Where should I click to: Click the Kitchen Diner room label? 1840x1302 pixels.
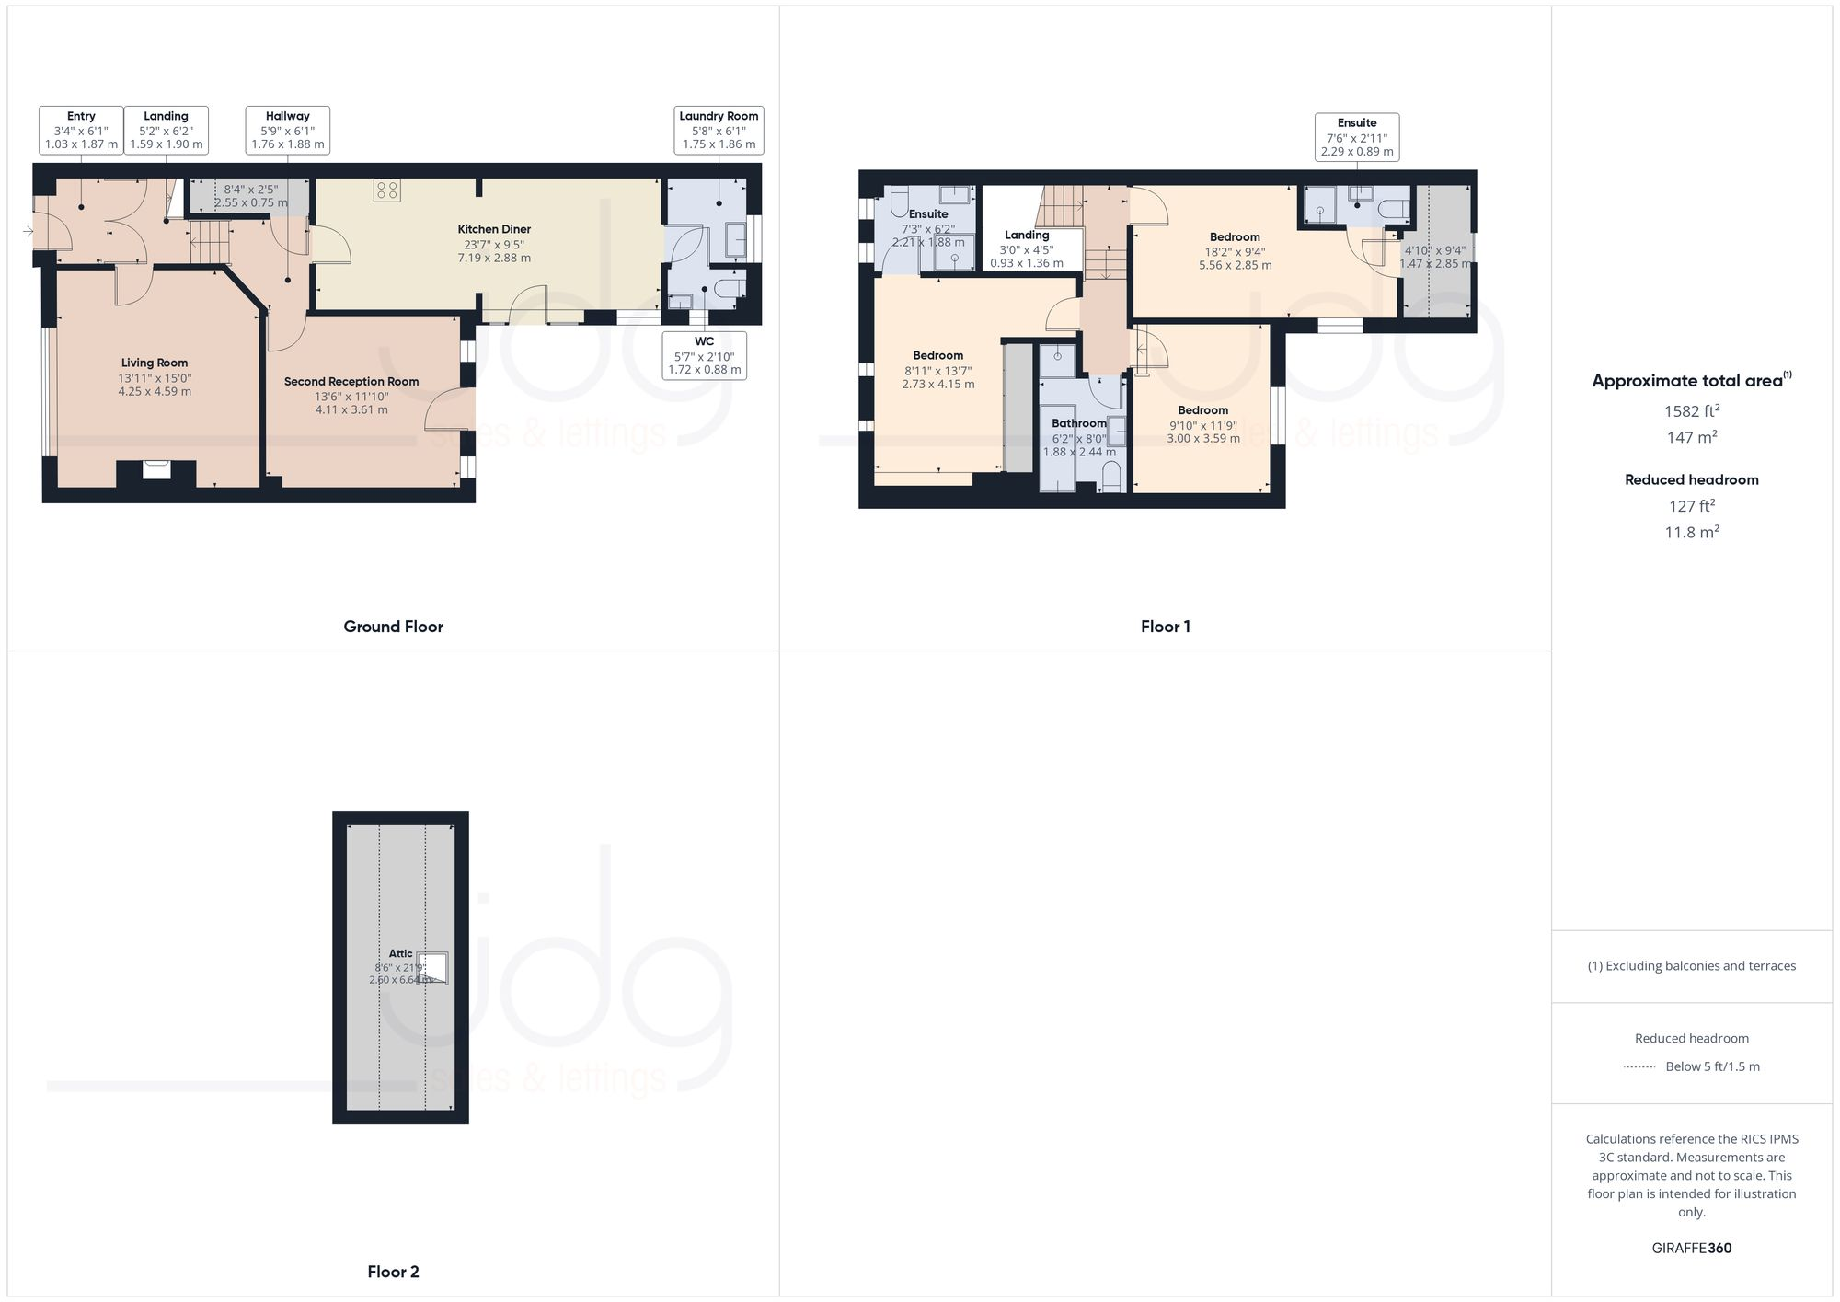(x=494, y=229)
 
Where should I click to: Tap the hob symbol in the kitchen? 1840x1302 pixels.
(x=387, y=190)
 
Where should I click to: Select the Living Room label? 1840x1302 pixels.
(x=155, y=363)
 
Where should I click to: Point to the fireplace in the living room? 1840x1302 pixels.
(x=156, y=471)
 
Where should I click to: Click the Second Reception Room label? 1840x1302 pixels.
(x=351, y=381)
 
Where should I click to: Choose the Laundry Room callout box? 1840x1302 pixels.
(x=719, y=130)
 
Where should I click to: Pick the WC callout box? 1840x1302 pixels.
(x=704, y=355)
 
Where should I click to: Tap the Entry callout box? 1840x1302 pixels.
(x=81, y=130)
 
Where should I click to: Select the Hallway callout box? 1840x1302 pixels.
(x=288, y=130)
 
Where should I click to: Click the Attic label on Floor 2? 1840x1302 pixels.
(x=400, y=953)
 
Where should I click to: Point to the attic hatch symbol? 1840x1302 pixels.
(x=433, y=969)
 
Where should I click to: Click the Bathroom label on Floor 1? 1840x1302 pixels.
(x=1079, y=423)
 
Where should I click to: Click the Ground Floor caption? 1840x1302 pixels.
(x=393, y=627)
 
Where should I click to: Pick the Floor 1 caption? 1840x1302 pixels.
(x=1165, y=627)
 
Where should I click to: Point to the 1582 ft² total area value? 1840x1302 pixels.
(x=1691, y=410)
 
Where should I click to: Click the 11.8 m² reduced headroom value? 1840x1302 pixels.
(x=1691, y=532)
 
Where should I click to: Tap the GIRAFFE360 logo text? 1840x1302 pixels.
(x=1691, y=1248)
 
